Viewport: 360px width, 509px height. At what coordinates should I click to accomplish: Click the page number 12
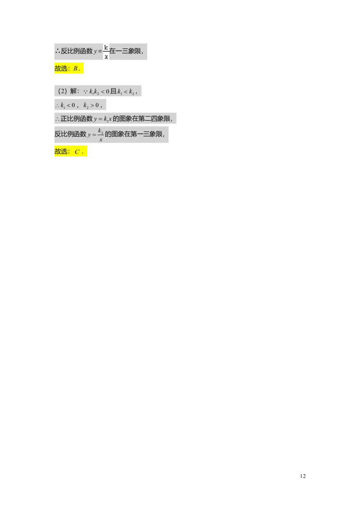pyautogui.click(x=302, y=476)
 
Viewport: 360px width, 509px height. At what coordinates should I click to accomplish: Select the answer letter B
pyautogui.click(x=76, y=68)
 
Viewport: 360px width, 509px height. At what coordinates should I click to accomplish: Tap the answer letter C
pyautogui.click(x=77, y=152)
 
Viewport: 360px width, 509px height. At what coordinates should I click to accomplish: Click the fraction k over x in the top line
pyautogui.click(x=106, y=52)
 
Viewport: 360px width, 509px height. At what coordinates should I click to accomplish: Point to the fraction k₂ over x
pyautogui.click(x=101, y=135)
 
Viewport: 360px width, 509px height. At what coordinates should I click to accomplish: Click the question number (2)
pyautogui.click(x=63, y=91)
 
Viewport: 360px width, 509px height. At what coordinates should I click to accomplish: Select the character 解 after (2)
pyautogui.click(x=73, y=91)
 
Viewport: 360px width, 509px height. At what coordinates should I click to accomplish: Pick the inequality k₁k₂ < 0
pyautogui.click(x=99, y=92)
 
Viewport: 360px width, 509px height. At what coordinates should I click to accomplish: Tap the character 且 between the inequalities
pyautogui.click(x=113, y=91)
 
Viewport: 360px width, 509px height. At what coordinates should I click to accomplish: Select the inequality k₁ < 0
pyautogui.click(x=67, y=105)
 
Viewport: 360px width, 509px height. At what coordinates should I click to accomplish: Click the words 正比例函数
pyautogui.click(x=76, y=119)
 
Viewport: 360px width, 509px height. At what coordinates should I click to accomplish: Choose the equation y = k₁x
pyautogui.click(x=103, y=119)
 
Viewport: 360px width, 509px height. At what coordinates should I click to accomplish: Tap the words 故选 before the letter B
pyautogui.click(x=61, y=68)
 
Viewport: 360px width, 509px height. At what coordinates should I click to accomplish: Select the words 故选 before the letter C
pyautogui.click(x=61, y=151)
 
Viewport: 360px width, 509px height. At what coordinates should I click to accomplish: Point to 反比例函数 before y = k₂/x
pyautogui.click(x=71, y=134)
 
